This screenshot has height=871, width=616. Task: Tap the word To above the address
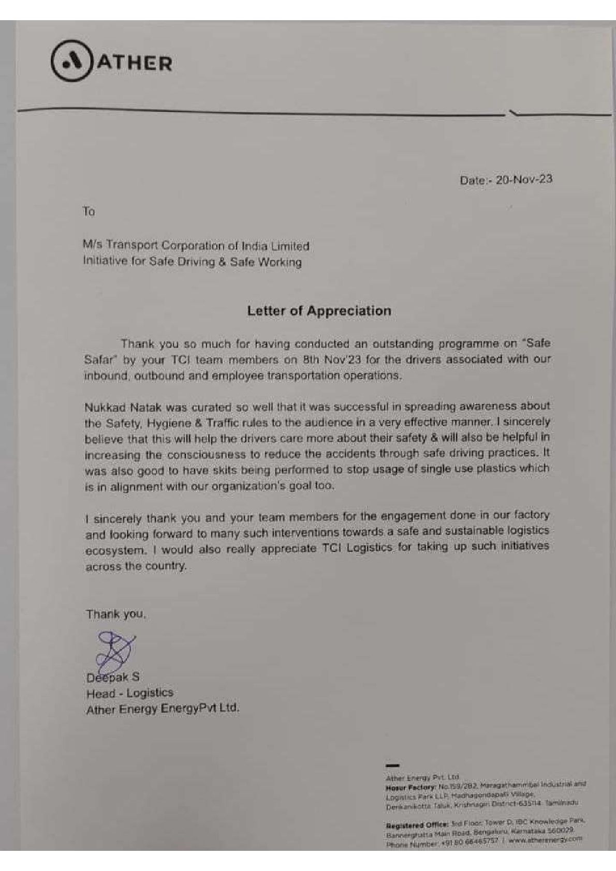(x=89, y=212)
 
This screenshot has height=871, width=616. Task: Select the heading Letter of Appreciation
(x=319, y=311)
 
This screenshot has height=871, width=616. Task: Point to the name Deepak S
(x=113, y=677)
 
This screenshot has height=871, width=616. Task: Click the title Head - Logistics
(x=130, y=693)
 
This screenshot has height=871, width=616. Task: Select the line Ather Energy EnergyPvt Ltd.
(x=163, y=709)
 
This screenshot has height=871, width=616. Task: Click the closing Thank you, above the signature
(x=116, y=614)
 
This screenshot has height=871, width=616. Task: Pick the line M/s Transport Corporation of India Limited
(x=196, y=246)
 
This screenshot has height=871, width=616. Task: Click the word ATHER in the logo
(x=135, y=63)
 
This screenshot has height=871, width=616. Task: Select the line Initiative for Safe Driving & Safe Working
(x=192, y=262)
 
